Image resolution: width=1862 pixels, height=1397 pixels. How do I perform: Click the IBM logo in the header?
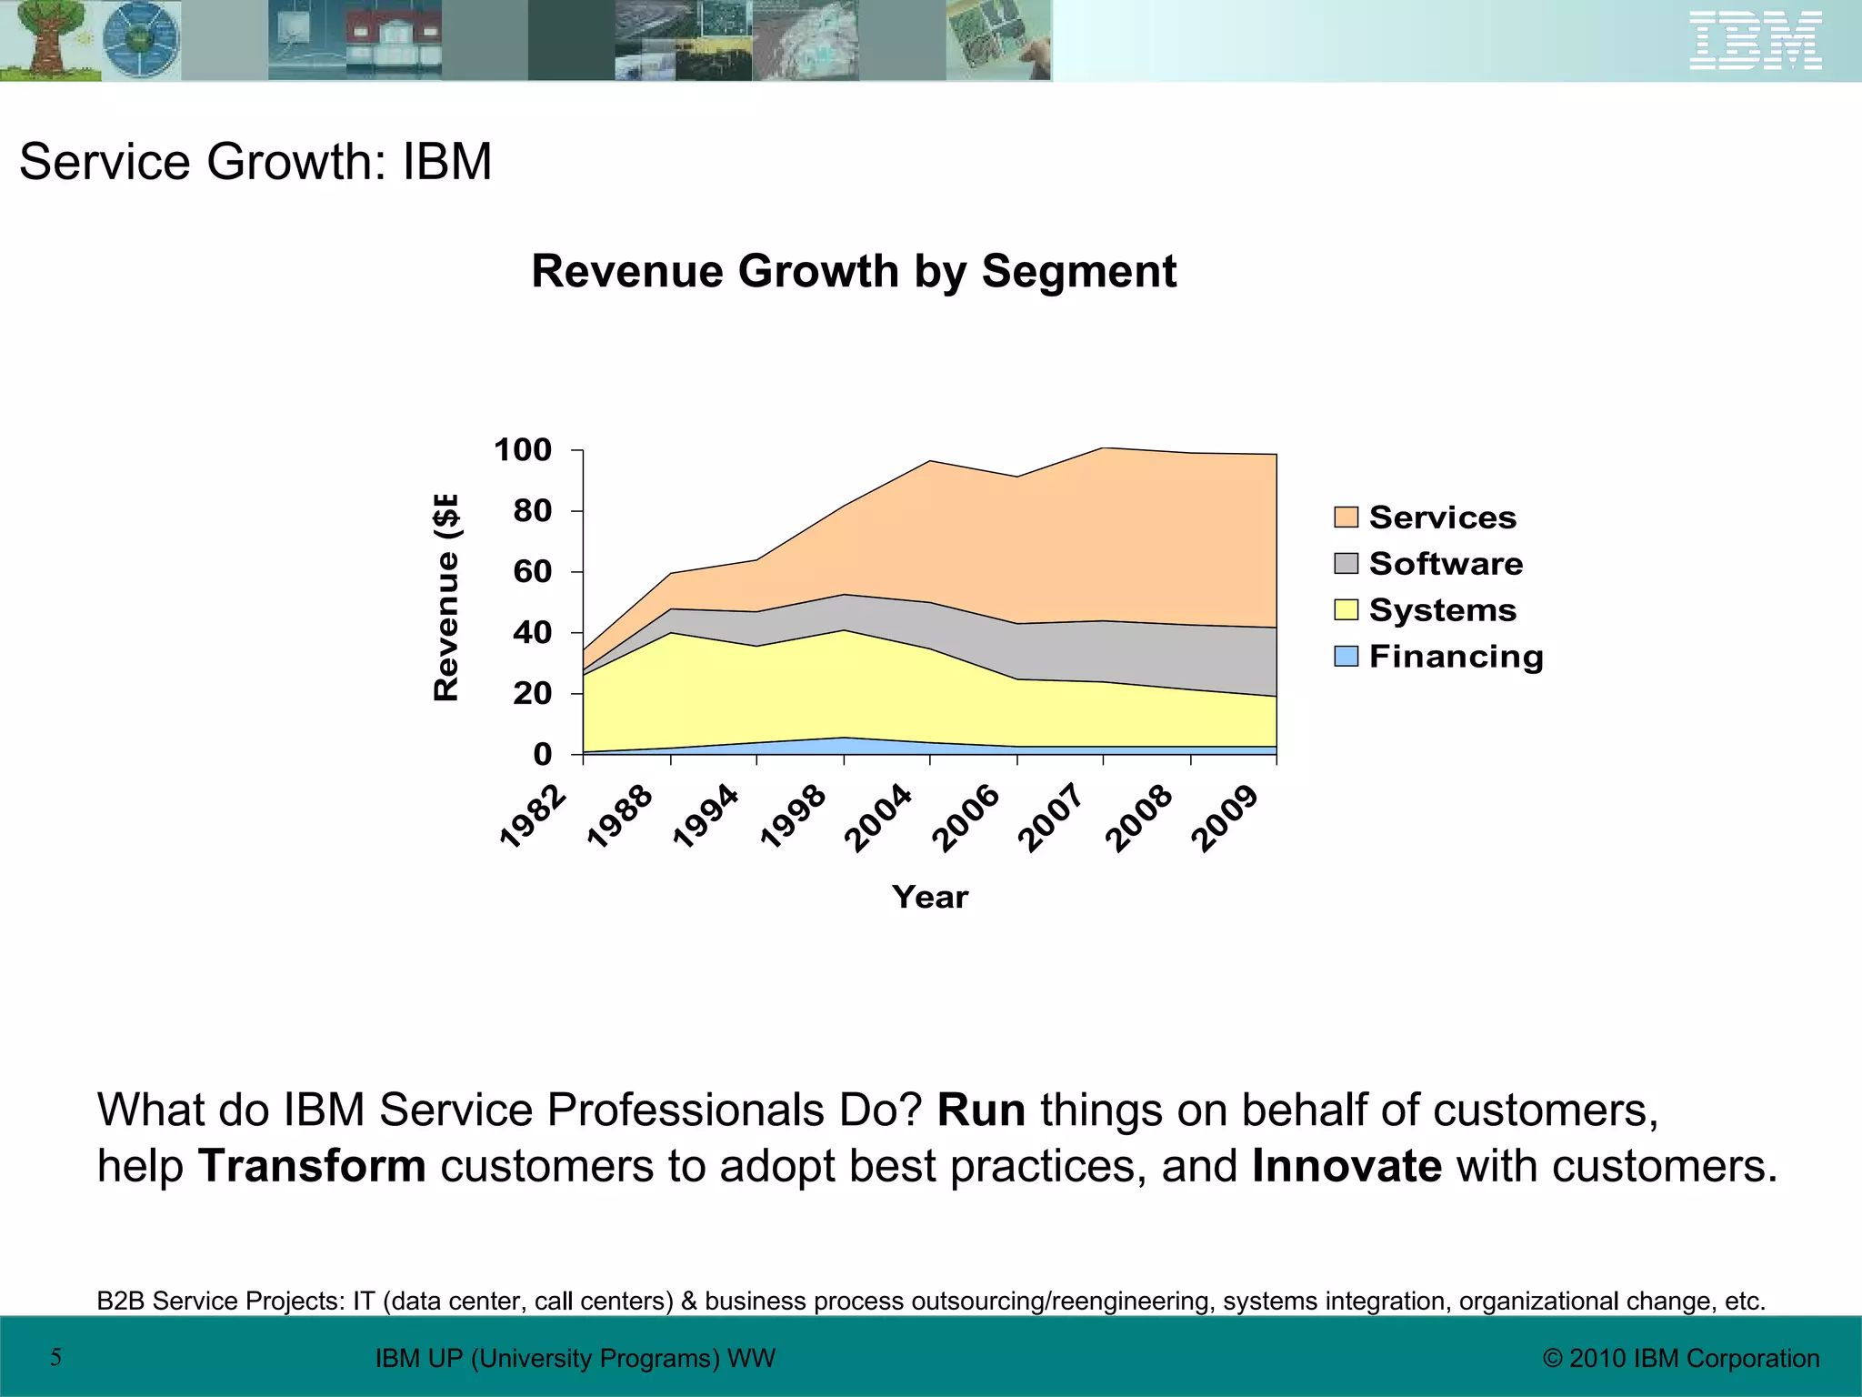click(1755, 41)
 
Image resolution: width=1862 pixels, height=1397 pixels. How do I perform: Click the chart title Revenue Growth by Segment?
click(854, 271)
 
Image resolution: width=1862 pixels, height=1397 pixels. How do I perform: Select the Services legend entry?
click(1442, 518)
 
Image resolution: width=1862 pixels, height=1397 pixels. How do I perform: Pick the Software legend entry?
click(1445, 564)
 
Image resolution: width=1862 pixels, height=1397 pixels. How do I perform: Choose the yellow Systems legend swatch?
click(1346, 610)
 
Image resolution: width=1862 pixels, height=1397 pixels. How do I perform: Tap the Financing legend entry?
click(1455, 657)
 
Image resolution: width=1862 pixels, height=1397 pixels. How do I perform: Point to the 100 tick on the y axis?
click(523, 450)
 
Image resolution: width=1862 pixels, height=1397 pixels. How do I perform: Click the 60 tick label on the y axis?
click(532, 572)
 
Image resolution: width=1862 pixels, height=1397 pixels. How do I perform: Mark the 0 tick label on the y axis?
click(542, 754)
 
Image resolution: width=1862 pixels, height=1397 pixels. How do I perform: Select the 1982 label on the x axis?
click(535, 817)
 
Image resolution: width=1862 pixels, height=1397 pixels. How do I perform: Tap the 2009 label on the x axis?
click(1226, 818)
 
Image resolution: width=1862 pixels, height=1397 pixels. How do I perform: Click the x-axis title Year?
click(929, 897)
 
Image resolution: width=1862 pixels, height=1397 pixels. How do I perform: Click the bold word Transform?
click(312, 1166)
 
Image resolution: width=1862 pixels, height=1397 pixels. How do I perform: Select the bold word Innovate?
click(1346, 1166)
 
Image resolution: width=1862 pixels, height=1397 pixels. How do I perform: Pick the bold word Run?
click(981, 1111)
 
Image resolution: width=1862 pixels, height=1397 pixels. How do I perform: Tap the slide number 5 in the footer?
click(55, 1358)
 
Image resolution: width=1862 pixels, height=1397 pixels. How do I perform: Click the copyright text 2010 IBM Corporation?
click(1681, 1359)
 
